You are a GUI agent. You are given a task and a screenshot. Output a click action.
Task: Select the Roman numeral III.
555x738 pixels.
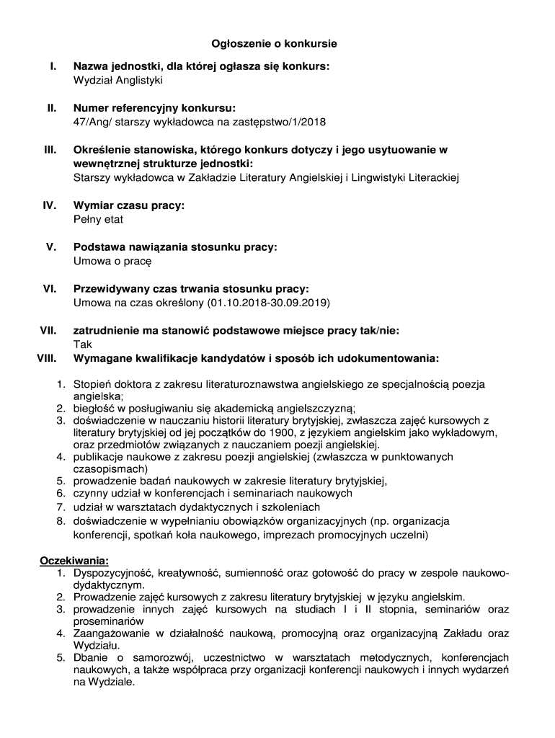pyautogui.click(x=50, y=150)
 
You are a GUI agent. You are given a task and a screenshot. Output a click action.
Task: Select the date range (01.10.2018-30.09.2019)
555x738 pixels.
pyautogui.click(x=268, y=303)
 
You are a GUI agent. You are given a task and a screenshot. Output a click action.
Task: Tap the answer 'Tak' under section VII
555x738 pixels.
pyautogui.click(x=83, y=344)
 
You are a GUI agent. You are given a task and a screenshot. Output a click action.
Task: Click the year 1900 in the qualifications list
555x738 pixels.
pyautogui.click(x=297, y=432)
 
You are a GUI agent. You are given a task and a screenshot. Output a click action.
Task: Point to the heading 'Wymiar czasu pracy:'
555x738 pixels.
pyautogui.click(x=129, y=205)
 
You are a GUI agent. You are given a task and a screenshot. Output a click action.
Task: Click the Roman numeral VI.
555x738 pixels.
pyautogui.click(x=50, y=289)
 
